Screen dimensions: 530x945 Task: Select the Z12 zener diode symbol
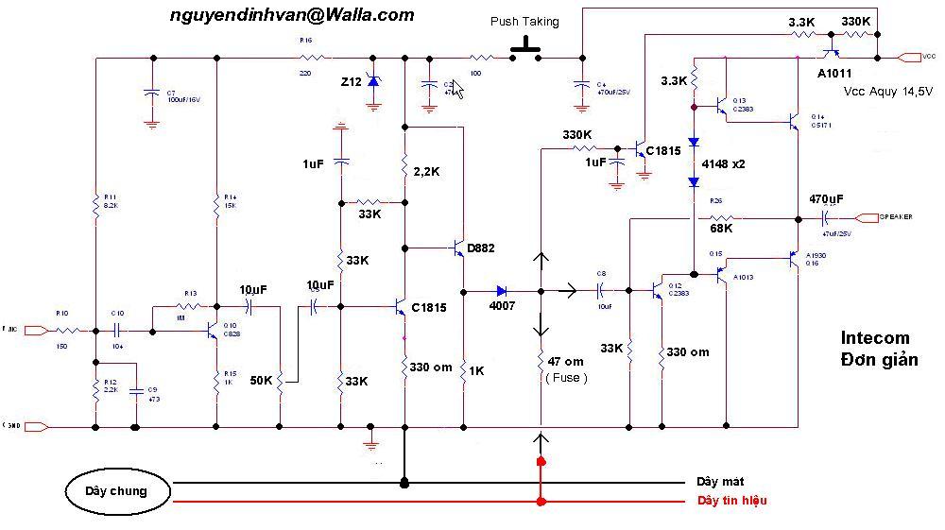tap(373, 82)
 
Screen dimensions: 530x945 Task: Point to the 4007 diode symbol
tap(502, 291)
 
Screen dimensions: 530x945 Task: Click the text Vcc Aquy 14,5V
tap(888, 91)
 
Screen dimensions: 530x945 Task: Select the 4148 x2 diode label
tap(723, 163)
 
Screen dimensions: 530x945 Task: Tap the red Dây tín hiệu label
tap(732, 500)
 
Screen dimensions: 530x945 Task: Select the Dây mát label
tap(721, 481)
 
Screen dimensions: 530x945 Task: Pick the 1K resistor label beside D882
tap(476, 371)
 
